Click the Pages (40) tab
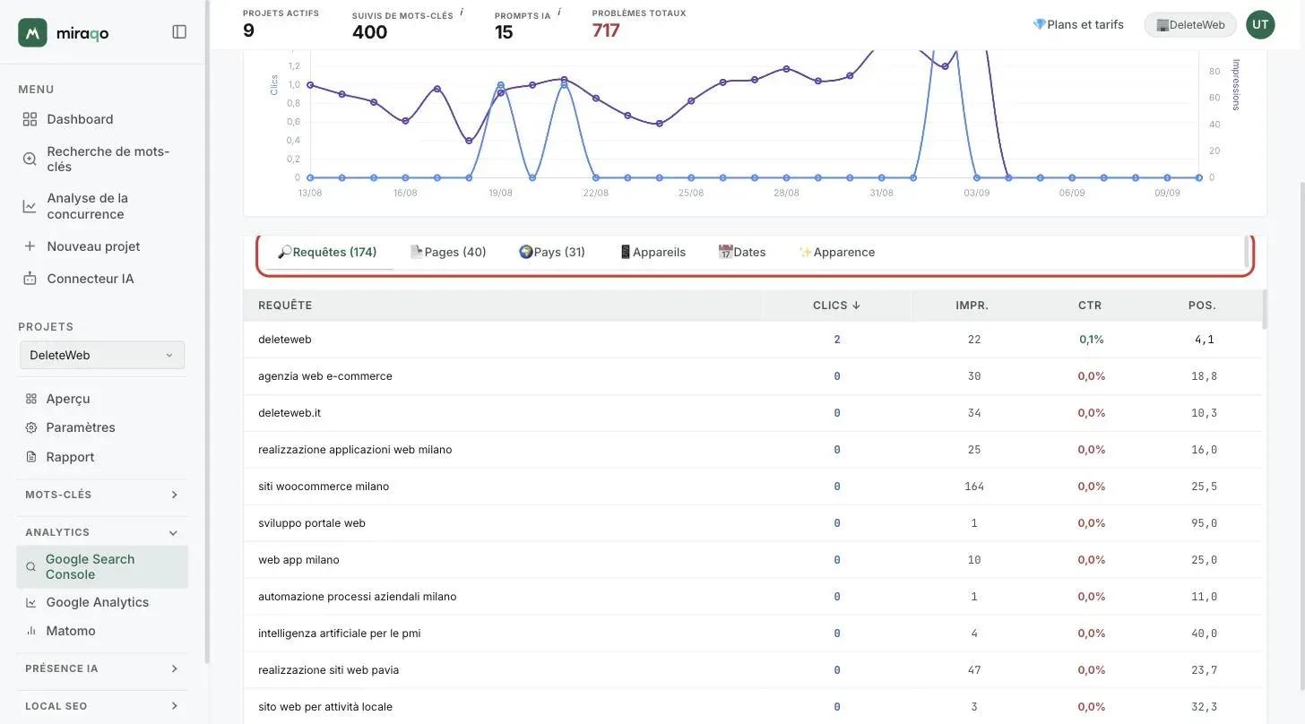click(x=448, y=252)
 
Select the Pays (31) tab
click(x=552, y=252)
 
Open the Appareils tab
click(x=652, y=252)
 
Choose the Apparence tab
click(x=836, y=252)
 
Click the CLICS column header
click(x=836, y=306)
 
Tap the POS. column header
click(x=1202, y=306)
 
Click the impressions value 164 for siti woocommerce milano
click(x=974, y=486)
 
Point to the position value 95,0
click(x=1205, y=522)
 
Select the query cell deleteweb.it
click(x=290, y=412)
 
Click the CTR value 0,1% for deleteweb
click(x=1091, y=339)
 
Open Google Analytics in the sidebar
click(x=98, y=601)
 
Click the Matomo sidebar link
click(x=71, y=630)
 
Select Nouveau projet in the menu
click(x=93, y=246)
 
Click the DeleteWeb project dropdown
click(x=102, y=355)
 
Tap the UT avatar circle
click(x=1260, y=24)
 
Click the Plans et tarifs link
click(x=1078, y=24)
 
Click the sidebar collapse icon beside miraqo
click(x=179, y=31)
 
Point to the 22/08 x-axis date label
click(x=595, y=193)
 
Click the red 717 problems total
click(x=605, y=30)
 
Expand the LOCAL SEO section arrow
click(x=174, y=706)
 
